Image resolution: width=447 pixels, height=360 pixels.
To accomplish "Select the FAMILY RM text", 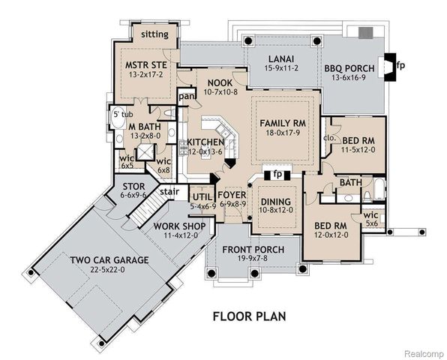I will pos(283,123).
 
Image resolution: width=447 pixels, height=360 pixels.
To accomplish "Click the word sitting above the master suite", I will pos(154,34).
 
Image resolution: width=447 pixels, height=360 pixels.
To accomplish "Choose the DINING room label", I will pos(276,202).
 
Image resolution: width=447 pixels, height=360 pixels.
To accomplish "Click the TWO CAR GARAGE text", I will pos(109,260).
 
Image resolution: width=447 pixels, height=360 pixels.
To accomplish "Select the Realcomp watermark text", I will pos(422,351).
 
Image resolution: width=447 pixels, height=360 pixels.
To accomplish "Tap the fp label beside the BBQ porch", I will pos(400,64).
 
